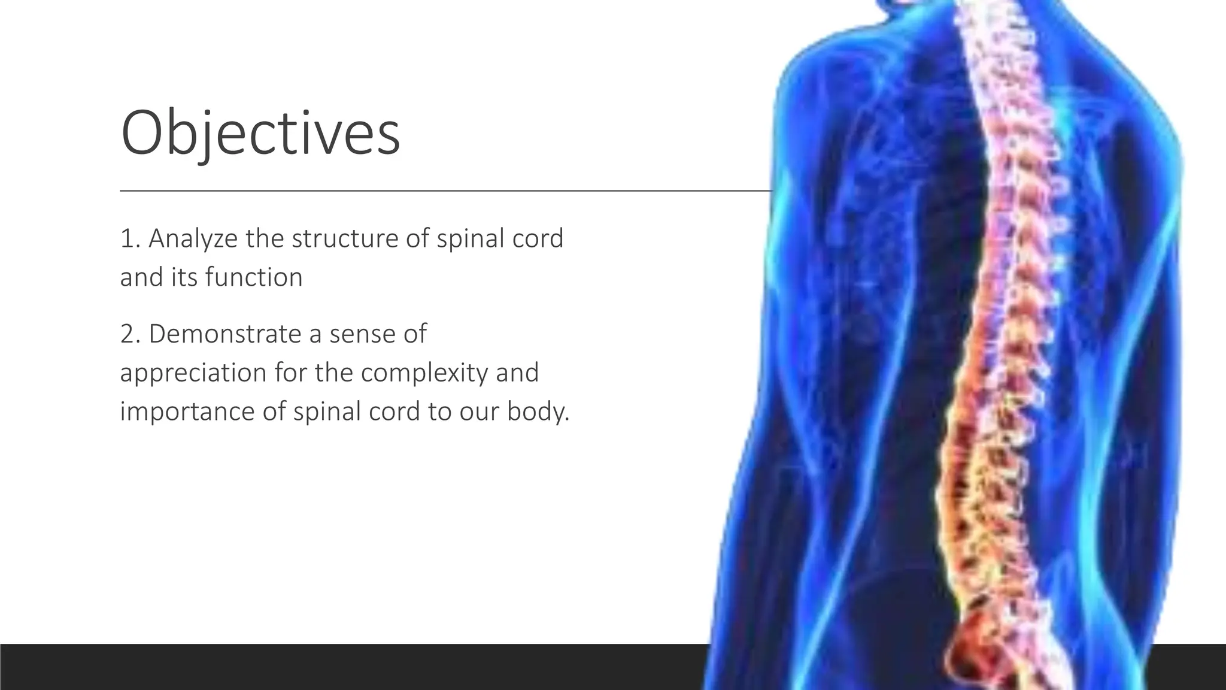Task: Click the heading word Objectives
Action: coord(260,133)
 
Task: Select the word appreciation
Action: coord(193,373)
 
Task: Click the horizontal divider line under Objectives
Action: coord(419,190)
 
